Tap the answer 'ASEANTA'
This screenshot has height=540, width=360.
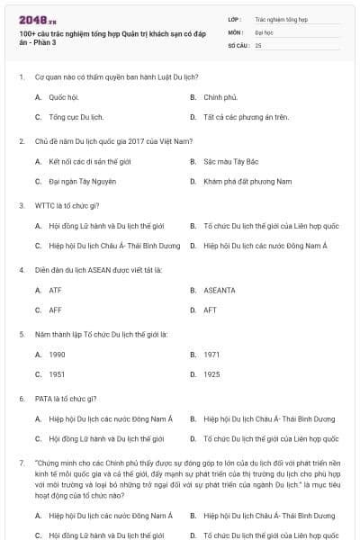(219, 290)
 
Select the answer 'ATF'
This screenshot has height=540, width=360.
(55, 290)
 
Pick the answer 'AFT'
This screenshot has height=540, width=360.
(210, 310)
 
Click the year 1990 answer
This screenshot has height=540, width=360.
(57, 355)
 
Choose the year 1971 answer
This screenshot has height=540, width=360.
(211, 355)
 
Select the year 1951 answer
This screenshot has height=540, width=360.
(57, 374)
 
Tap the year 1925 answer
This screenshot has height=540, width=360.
(211, 374)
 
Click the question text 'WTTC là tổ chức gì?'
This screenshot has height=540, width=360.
(71, 205)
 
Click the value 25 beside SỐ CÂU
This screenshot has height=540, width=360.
(258, 44)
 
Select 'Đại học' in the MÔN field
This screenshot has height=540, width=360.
(265, 31)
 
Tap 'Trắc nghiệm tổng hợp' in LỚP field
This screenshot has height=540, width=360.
(281, 18)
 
